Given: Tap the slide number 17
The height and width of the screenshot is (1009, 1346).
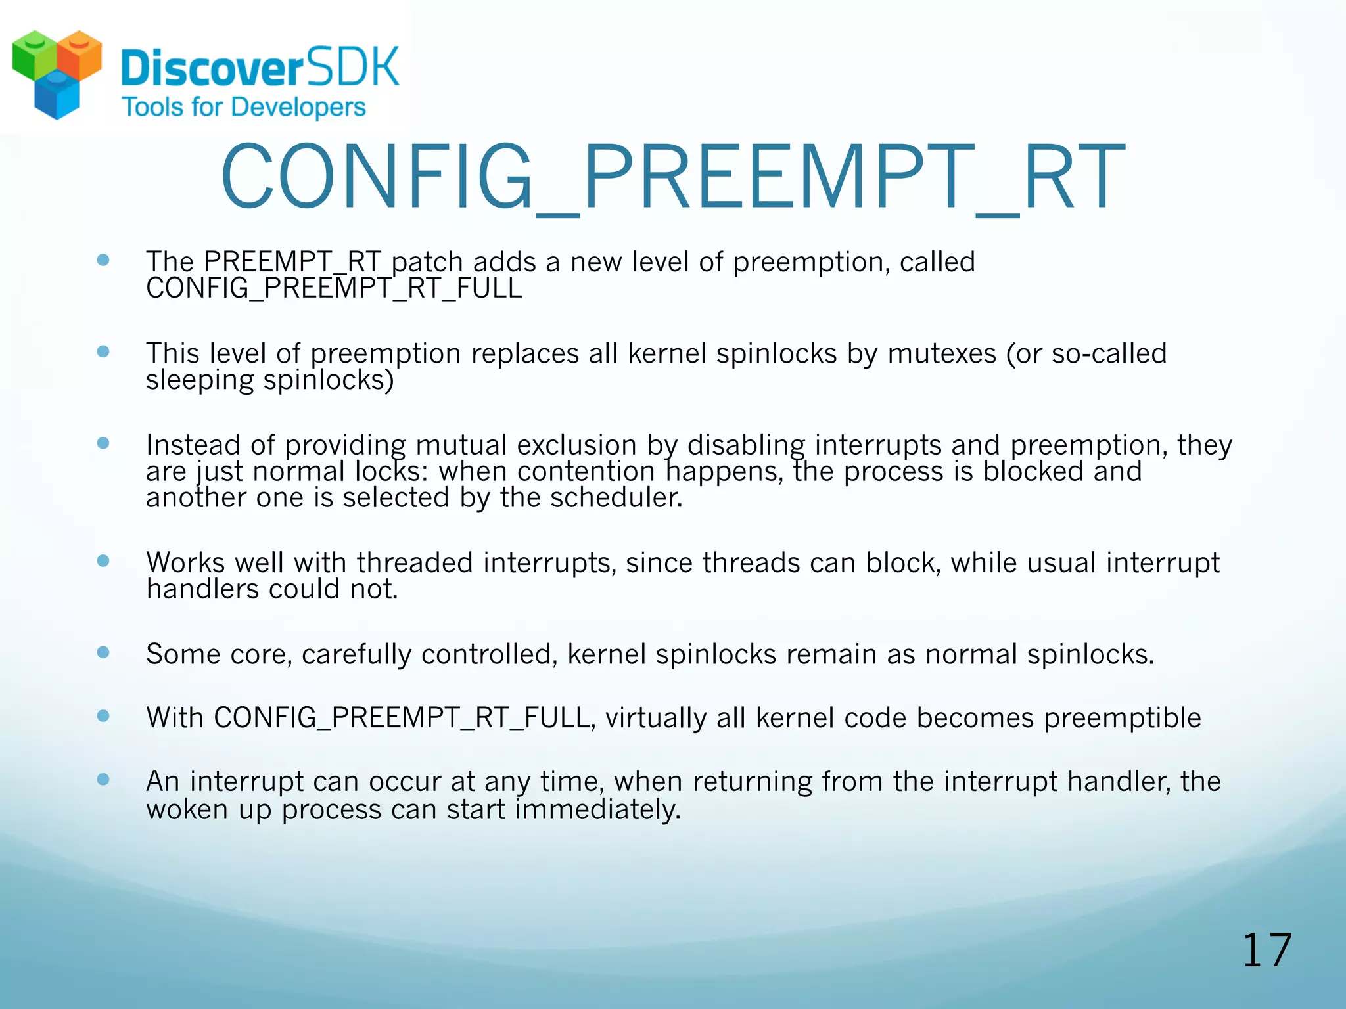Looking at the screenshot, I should [1266, 951].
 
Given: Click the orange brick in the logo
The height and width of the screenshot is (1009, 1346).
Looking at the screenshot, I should [80, 55].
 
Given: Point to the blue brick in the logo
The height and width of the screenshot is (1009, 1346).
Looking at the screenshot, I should [57, 97].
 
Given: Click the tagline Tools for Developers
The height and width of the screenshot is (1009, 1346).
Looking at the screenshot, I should [244, 107].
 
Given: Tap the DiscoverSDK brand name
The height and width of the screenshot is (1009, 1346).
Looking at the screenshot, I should [260, 68].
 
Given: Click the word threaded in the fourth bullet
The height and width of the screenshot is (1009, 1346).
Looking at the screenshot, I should [415, 563].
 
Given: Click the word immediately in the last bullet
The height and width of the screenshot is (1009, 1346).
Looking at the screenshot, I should [597, 809].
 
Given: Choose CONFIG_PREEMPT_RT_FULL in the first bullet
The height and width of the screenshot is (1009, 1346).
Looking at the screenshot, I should [334, 288].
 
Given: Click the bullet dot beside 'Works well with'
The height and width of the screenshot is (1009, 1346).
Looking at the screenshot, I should [103, 561].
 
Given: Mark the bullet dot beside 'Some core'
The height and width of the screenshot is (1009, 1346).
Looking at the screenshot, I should [103, 652].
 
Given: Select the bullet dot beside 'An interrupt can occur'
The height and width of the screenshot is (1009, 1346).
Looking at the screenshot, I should [103, 780].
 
